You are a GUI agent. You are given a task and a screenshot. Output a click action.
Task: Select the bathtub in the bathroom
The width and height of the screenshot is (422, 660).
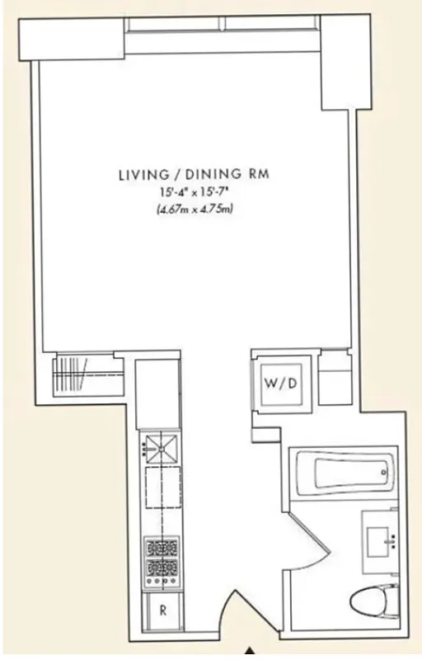coord(345,474)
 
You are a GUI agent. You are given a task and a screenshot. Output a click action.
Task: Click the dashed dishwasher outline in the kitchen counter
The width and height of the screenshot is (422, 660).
coord(161,493)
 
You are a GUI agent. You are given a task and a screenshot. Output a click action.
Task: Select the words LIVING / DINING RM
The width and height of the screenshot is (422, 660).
coord(195,174)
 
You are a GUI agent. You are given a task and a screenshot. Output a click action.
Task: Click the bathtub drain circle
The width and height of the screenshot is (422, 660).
coord(384,473)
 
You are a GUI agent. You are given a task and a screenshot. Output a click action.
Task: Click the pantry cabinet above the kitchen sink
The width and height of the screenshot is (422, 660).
coord(159,394)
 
